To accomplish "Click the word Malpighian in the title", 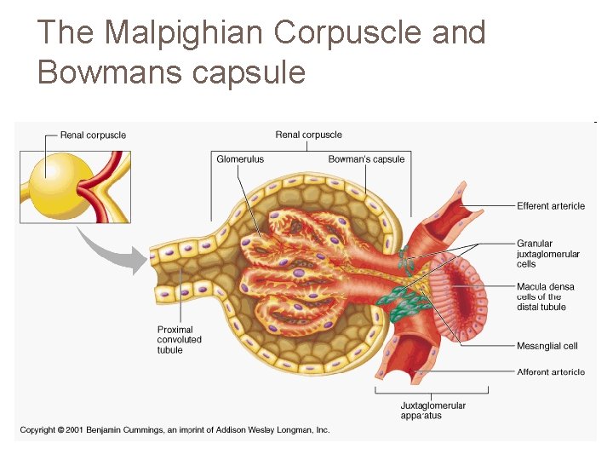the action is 184,33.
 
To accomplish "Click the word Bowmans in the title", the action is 110,72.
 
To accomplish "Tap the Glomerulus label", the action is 240,159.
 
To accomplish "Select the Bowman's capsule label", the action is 366,159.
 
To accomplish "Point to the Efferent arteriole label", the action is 551,206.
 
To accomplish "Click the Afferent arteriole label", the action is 551,372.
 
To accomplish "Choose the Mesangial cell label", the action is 547,346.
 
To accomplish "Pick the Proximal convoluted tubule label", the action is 179,340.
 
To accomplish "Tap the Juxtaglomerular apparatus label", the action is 433,411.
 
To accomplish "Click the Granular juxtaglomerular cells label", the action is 547,254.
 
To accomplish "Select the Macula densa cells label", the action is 546,296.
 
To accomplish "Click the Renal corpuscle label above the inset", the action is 93,135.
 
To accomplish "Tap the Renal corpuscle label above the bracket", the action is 308,135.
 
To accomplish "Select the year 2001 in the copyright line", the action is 75,430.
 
